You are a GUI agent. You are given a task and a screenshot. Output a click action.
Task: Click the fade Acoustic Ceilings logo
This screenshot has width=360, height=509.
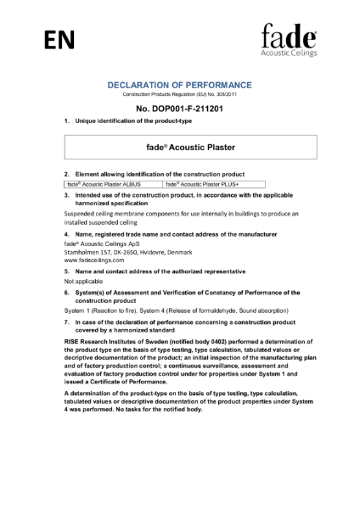[x=288, y=40]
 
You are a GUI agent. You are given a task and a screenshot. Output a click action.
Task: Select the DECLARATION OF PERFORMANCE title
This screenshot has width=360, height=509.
[x=179, y=85]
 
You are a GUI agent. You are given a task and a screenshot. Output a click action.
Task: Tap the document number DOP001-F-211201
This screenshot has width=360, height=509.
[x=179, y=109]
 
